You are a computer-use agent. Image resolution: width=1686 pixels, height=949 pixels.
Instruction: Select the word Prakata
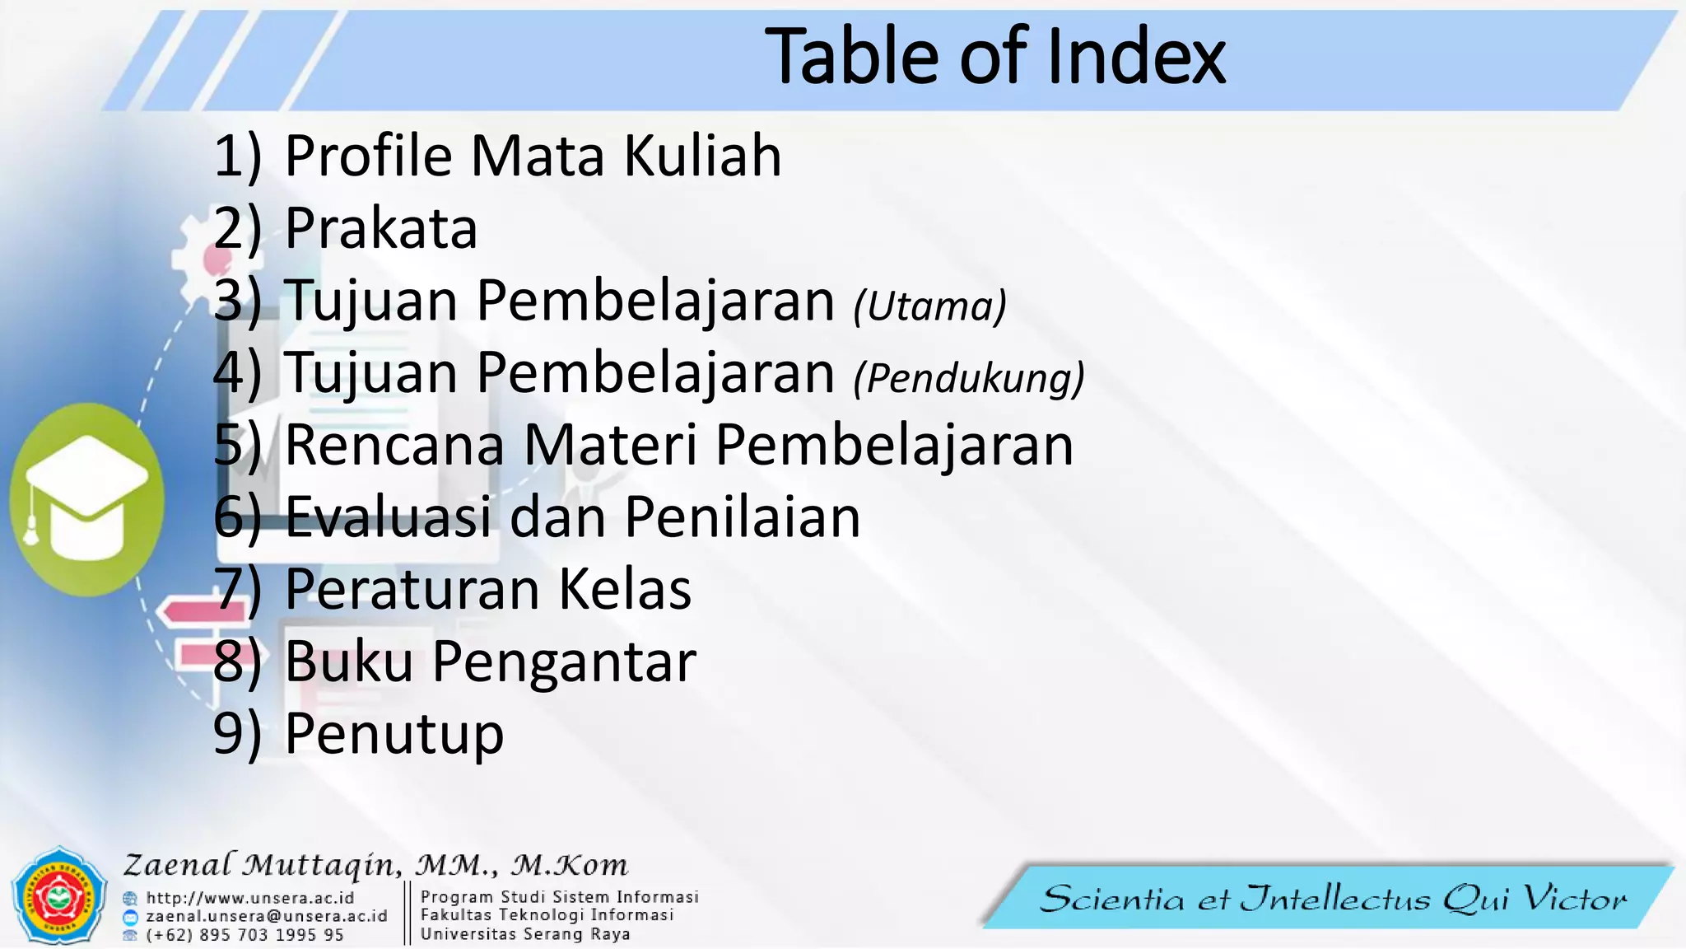[381, 228]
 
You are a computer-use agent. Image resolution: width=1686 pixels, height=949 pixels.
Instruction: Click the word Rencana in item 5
[394, 446]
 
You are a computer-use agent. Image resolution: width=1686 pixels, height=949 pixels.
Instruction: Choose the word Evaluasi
[389, 517]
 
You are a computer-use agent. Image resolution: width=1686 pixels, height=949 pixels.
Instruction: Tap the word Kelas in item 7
[625, 590]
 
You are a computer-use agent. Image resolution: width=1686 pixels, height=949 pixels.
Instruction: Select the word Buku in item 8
[349, 661]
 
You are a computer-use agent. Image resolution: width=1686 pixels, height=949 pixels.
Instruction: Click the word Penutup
[394, 734]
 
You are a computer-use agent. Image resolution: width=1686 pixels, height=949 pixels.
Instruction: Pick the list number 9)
[237, 734]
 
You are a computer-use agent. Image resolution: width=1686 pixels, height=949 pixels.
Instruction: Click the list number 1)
[237, 156]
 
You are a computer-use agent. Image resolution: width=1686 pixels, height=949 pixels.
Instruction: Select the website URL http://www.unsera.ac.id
[250, 898]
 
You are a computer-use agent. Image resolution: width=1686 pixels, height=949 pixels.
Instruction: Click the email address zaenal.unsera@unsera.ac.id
[266, 916]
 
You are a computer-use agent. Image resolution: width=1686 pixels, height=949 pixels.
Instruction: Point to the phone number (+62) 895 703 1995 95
[245, 935]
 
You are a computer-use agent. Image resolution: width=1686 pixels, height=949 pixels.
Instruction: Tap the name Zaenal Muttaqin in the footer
[263, 865]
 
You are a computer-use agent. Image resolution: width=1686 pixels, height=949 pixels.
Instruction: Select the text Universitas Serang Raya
[525, 934]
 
